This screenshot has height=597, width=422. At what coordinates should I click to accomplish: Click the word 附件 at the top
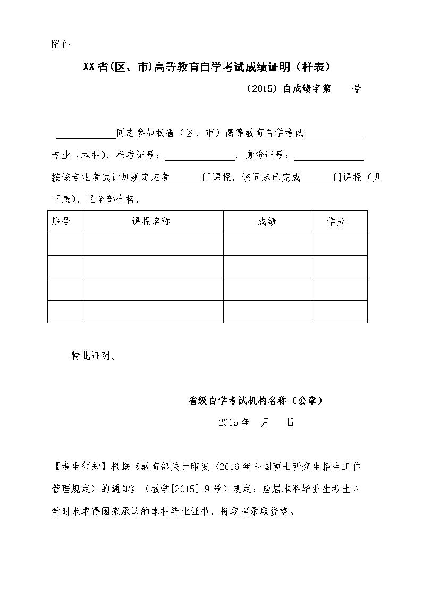[61, 44]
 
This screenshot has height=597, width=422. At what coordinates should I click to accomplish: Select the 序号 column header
[61, 222]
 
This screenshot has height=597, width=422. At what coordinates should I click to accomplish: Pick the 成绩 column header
[267, 222]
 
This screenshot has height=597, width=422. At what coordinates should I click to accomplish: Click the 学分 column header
[336, 222]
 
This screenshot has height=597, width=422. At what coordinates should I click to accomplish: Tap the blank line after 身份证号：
[329, 157]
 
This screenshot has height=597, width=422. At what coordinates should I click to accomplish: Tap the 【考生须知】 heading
[80, 467]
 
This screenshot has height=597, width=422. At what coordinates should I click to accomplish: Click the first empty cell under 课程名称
[153, 245]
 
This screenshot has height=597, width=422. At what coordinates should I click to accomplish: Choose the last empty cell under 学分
[340, 312]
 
